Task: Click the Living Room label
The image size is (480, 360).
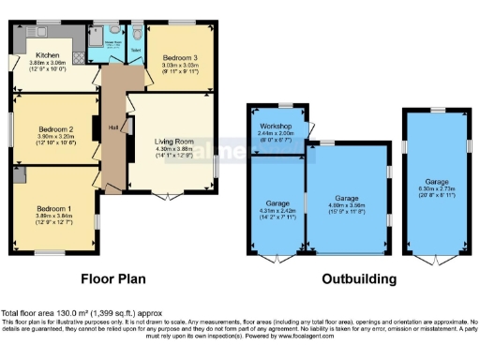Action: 172,141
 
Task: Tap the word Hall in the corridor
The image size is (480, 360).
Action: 112,127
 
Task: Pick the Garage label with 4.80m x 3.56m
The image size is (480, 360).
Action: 347,199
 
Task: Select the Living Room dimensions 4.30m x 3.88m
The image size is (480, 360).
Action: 172,151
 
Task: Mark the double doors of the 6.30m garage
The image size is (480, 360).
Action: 438,258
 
